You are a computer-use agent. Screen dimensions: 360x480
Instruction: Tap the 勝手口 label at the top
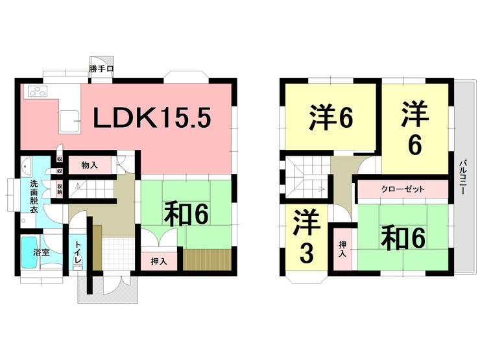tap(102, 67)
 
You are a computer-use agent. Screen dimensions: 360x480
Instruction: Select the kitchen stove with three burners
tap(37, 92)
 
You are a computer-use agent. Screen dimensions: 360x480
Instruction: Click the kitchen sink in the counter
tap(68, 119)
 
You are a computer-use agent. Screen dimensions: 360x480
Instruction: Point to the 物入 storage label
tap(90, 165)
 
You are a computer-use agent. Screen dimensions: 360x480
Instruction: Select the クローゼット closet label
tap(402, 189)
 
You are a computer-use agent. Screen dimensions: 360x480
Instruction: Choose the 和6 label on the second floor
tap(403, 238)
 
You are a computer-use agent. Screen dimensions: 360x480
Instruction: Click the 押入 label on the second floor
tap(342, 249)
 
